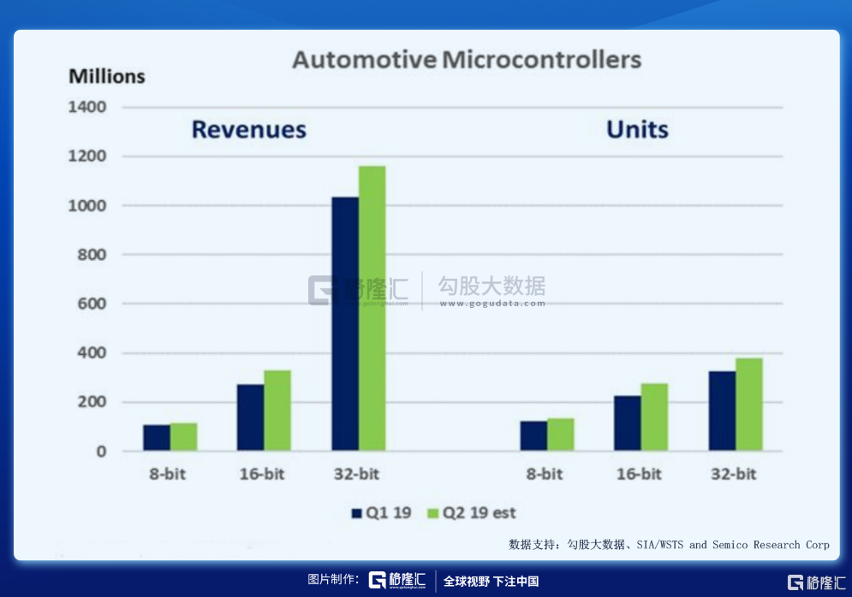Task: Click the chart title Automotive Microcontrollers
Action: [x=467, y=61]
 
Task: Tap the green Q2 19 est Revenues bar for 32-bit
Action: [x=372, y=308]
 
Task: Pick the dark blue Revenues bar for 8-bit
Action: [x=157, y=437]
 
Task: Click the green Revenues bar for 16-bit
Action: [x=277, y=411]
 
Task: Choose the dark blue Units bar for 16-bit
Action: [x=627, y=423]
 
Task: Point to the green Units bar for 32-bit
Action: [x=748, y=404]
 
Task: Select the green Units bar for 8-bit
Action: [x=560, y=434]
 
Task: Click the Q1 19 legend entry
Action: [x=382, y=513]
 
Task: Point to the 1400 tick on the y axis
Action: [x=88, y=108]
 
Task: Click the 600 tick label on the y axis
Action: [x=92, y=304]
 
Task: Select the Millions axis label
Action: [x=107, y=77]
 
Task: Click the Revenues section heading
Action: [x=248, y=130]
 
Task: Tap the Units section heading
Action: [x=637, y=130]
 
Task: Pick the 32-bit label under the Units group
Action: [x=734, y=475]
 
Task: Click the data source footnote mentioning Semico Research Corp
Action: [x=669, y=545]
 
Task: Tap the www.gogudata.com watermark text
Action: [x=492, y=303]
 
